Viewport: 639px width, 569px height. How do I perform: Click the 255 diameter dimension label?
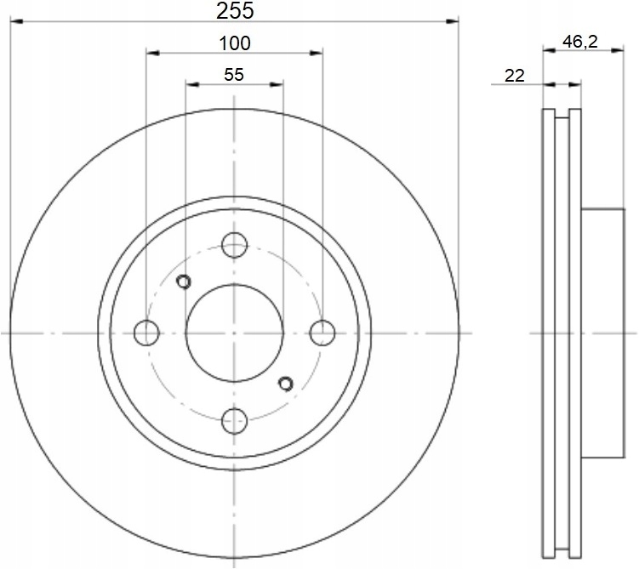pos(235,10)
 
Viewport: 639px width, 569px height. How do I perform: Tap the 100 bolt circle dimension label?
pos(235,43)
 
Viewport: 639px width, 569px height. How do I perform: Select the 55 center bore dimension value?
pos(234,75)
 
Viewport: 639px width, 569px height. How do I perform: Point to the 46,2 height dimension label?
pos(580,41)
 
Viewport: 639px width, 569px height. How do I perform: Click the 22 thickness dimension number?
pos(515,76)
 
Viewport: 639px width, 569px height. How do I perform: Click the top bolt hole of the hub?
pos(234,245)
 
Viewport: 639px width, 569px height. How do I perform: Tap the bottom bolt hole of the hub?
pos(234,421)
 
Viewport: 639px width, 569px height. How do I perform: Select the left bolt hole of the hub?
pos(146,333)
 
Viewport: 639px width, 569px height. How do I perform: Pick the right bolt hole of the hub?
pos(322,333)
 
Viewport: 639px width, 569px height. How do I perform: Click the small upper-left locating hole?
pos(184,282)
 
